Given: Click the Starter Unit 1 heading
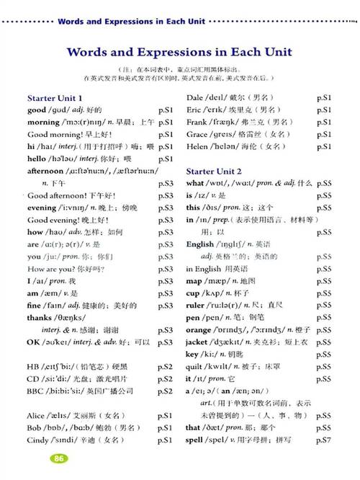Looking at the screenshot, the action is pyautogui.click(x=55, y=97).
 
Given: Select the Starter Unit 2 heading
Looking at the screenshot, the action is pyautogui.click(x=214, y=171).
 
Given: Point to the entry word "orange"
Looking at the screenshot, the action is pyautogui.click(x=201, y=329).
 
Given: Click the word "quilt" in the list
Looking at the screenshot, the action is pyautogui.click(x=197, y=366).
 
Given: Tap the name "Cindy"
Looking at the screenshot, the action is pyautogui.click(x=40, y=440).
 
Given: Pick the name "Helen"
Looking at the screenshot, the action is pyautogui.click(x=199, y=146).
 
